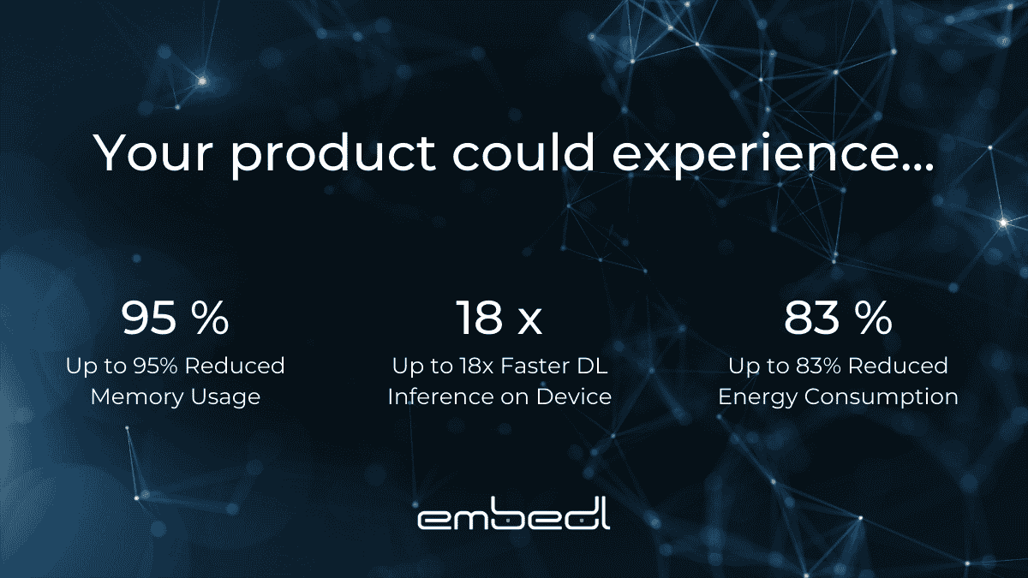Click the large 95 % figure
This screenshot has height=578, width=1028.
(x=175, y=317)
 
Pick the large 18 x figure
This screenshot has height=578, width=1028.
(x=499, y=317)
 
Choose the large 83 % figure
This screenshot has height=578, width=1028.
(x=838, y=317)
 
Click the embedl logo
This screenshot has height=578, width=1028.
(x=514, y=517)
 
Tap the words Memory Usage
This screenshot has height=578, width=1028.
(x=175, y=397)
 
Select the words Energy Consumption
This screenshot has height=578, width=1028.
(x=838, y=397)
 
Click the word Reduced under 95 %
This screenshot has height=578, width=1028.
(x=234, y=366)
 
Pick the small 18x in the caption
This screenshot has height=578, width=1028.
(x=475, y=366)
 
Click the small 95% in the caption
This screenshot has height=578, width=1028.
(x=152, y=366)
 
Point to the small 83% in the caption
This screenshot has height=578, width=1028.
(x=816, y=366)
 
